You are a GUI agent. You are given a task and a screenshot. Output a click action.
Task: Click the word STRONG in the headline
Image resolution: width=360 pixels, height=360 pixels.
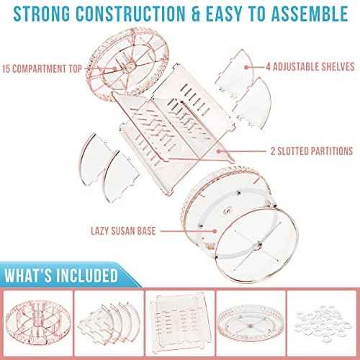(x=42, y=14)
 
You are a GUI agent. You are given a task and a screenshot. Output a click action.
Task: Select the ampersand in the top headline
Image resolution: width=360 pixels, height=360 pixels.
(x=196, y=14)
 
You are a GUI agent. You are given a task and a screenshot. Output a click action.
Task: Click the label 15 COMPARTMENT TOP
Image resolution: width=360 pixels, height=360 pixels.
(x=42, y=69)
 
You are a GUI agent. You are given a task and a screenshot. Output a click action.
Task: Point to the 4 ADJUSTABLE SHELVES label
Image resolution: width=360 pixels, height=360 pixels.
(x=310, y=67)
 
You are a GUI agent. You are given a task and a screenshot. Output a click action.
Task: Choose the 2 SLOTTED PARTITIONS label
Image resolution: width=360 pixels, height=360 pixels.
(x=312, y=151)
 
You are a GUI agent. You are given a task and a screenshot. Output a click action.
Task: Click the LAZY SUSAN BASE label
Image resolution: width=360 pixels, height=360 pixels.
(x=123, y=231)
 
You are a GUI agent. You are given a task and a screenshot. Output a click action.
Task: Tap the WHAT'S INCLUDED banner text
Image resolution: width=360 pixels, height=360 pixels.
(x=61, y=275)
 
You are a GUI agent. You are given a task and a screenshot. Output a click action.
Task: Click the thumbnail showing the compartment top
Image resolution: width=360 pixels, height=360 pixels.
(x=38, y=323)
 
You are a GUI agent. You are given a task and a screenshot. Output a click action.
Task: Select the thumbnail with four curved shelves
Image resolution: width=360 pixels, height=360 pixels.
(x=109, y=323)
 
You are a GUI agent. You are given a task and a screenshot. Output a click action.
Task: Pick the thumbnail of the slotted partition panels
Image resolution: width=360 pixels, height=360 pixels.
(x=180, y=323)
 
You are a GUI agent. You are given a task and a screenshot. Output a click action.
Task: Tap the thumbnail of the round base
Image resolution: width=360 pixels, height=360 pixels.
(x=251, y=323)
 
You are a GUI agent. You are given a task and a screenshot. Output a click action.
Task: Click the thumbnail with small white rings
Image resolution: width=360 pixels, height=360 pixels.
(x=322, y=323)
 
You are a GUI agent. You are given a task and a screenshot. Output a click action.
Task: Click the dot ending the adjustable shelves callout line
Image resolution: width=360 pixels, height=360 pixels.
(x=246, y=67)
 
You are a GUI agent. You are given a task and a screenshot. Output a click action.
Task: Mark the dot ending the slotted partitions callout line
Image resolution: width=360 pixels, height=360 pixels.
(x=219, y=151)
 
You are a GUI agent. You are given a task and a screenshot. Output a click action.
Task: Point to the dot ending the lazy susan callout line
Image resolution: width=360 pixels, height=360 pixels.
(x=215, y=231)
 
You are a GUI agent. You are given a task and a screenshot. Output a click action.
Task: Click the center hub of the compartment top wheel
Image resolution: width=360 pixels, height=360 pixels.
(x=131, y=65)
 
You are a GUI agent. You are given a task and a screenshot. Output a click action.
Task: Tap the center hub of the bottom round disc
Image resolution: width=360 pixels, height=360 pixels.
(x=259, y=246)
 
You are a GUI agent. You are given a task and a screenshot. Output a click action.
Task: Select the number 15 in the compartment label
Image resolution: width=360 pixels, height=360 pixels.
(x=6, y=69)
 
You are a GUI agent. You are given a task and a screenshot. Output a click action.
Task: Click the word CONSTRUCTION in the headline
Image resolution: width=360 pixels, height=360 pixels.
(x=131, y=14)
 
